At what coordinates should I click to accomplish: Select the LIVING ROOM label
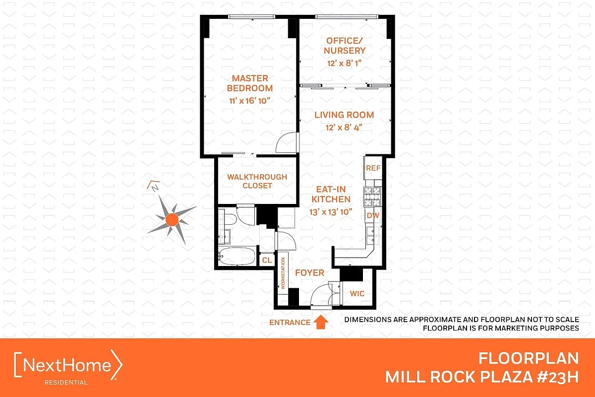coord(344,115)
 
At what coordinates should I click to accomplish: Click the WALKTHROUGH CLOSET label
coord(257,181)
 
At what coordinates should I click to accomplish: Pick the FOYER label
coord(309,273)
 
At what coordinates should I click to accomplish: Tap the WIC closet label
coord(357,293)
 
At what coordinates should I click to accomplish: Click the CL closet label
coord(267,260)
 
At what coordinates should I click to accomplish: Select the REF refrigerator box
coord(373,168)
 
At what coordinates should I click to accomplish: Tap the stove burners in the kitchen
coord(372,197)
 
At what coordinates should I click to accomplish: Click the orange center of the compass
coord(172,219)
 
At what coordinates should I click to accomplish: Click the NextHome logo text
coord(68,366)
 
